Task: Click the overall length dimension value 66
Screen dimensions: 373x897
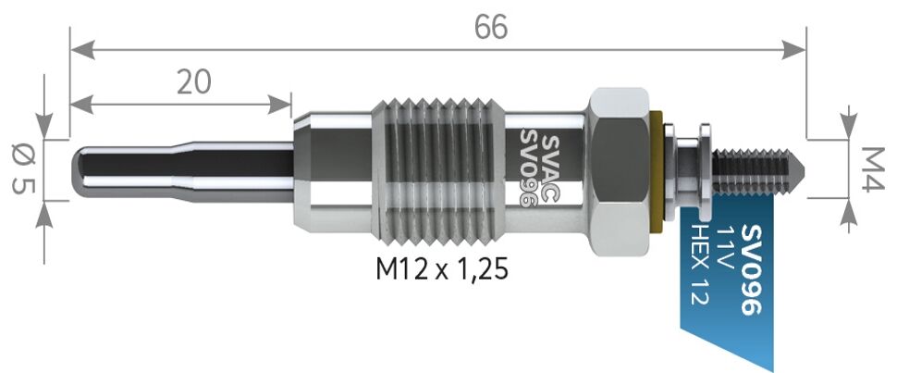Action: pos(492,28)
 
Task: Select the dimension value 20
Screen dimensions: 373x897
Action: pos(194,81)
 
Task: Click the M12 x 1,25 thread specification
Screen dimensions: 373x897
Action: pos(442,269)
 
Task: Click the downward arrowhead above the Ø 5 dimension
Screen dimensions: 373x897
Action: pos(44,126)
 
